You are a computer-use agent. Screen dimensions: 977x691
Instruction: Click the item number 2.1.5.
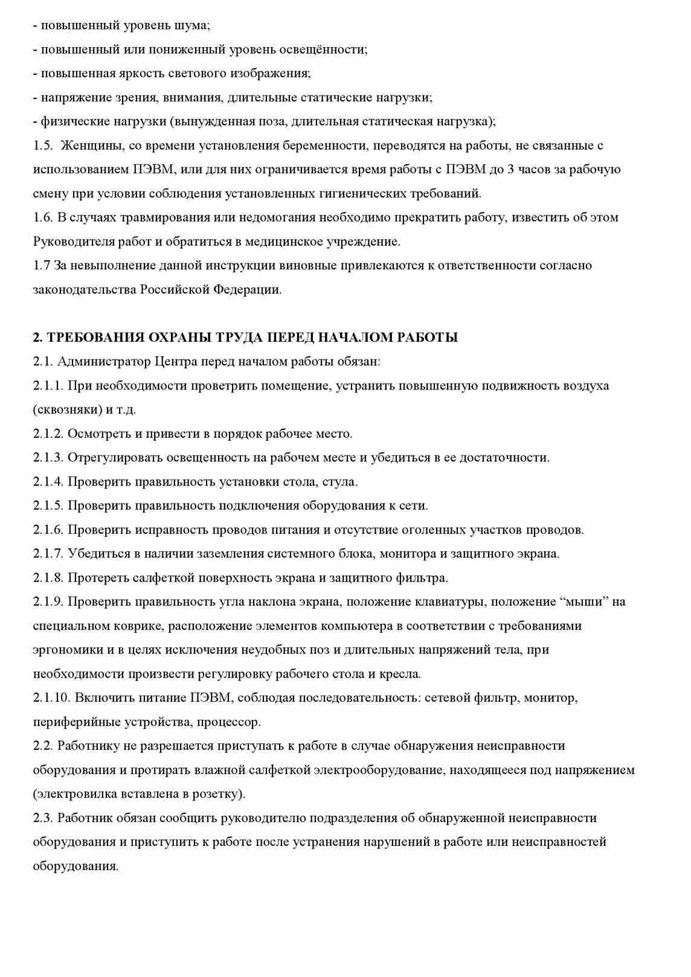[48, 506]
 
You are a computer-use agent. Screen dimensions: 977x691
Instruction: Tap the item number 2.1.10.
[51, 698]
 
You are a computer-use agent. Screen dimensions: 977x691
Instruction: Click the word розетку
[218, 794]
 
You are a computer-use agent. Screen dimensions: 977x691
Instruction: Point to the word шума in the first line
[192, 26]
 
